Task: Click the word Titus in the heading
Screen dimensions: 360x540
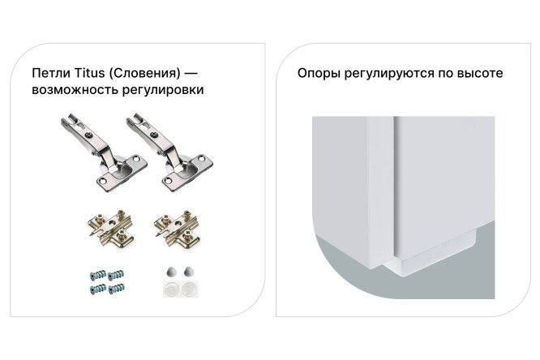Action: point(85,73)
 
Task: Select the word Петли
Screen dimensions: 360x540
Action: point(49,73)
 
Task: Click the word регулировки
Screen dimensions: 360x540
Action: point(165,90)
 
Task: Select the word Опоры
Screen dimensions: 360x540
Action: point(317,73)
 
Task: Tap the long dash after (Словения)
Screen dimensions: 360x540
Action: point(192,73)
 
